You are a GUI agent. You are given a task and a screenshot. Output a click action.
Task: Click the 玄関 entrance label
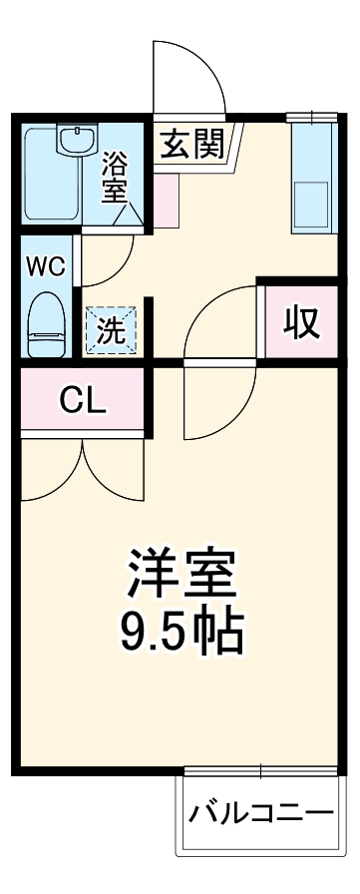coord(192,147)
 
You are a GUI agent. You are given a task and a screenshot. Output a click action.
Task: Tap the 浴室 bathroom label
coord(115,174)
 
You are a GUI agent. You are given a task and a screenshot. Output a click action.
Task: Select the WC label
coord(45,266)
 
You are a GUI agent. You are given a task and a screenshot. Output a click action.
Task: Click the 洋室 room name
coord(180,573)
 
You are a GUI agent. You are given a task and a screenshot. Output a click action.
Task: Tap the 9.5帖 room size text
coord(180,629)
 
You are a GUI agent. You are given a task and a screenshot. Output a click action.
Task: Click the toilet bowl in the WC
coord(45,324)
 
